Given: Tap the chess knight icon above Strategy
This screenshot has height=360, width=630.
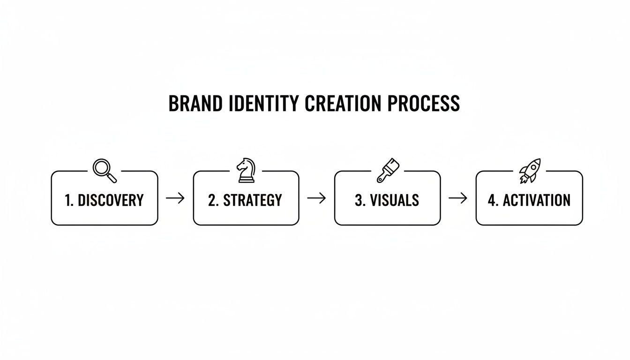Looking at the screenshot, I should point(246,171).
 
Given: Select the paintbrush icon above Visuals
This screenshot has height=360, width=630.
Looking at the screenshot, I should point(388,171).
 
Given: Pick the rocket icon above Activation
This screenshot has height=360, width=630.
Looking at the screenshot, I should point(530,170).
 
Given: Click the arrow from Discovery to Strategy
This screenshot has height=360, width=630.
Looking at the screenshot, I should point(175,198).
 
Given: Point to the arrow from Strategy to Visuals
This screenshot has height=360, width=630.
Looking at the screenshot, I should point(316,198).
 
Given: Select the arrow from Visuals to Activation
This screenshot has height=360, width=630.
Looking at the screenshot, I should point(458,198).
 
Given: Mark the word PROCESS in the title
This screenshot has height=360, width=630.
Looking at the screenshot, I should point(424,104).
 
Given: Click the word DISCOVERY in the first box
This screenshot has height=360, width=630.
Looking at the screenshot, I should point(111,201).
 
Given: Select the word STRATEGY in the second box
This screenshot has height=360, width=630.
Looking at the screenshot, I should point(253,201).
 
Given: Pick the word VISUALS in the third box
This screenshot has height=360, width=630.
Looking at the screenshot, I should point(394,201).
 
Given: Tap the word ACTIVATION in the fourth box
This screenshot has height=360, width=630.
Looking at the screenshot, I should point(537,201).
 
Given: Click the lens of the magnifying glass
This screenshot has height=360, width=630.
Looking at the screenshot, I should point(101,167).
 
